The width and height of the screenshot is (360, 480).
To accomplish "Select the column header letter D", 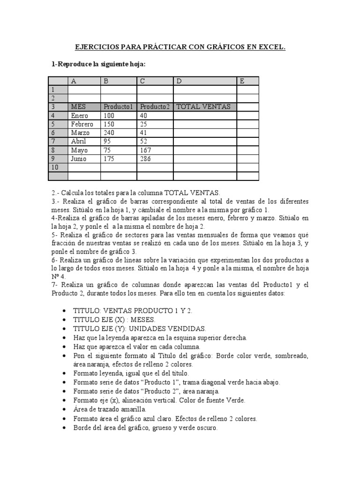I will (179, 81).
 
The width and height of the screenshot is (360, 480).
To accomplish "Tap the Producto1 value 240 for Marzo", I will (109, 133).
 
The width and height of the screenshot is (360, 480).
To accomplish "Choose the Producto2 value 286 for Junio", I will (145, 158).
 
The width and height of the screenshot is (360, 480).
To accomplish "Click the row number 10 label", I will (54, 167).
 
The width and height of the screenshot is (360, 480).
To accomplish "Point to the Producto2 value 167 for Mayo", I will (145, 150).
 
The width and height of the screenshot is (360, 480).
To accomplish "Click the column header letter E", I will (242, 81).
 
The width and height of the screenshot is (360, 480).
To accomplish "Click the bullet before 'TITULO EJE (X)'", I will (64, 320).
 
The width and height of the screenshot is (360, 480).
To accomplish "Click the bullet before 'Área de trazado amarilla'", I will (64, 409).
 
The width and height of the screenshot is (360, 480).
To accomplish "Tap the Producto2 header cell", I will (155, 107).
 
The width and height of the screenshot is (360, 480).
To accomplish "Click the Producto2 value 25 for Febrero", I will (143, 124).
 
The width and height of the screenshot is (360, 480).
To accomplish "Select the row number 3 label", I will (53, 107).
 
